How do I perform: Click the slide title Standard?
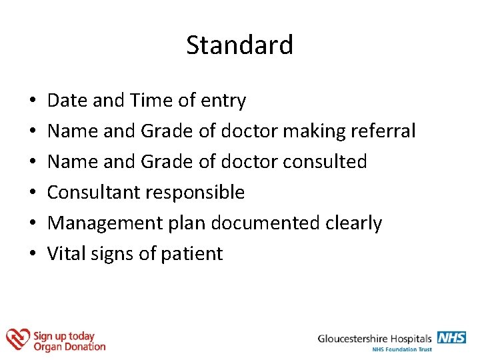click(239, 45)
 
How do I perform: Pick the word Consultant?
click(94, 193)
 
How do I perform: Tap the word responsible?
click(195, 193)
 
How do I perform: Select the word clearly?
click(354, 223)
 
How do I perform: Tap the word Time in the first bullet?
click(151, 101)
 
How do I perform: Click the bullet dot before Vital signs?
click(33, 255)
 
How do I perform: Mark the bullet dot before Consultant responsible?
click(33, 193)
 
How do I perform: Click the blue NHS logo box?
click(451, 337)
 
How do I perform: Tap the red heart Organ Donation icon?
click(17, 339)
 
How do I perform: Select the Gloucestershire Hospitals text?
click(375, 339)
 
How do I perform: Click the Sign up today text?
click(64, 336)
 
